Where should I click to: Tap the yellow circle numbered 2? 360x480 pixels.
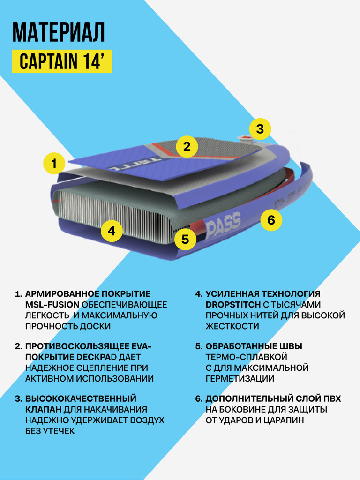(187, 147)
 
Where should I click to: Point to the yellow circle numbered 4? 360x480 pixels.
(112, 231)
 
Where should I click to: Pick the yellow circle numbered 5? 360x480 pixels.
(185, 240)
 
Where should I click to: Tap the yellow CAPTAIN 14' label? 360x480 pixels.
(62, 62)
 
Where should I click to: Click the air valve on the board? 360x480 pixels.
(245, 138)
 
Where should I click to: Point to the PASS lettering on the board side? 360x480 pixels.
(224, 221)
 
